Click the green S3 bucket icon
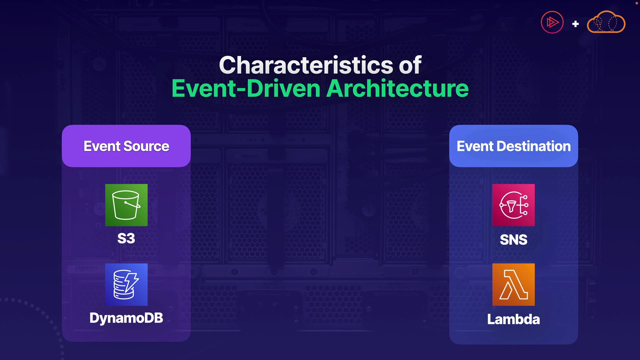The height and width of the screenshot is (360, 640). (126, 205)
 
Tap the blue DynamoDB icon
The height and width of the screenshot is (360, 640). (126, 284)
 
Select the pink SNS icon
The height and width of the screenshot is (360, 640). (513, 205)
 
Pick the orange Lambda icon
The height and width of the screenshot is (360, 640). (513, 284)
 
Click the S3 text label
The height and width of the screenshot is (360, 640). (126, 239)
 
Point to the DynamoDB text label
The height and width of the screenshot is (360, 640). (126, 318)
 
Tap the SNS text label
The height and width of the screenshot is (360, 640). (514, 240)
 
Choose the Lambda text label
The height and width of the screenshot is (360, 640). (513, 319)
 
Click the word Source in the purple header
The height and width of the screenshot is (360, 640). (146, 146)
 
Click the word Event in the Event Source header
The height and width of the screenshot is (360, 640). (102, 146)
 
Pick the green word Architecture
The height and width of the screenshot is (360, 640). (398, 88)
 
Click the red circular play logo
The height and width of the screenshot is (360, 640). (552, 22)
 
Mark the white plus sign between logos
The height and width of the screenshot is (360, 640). (575, 24)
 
